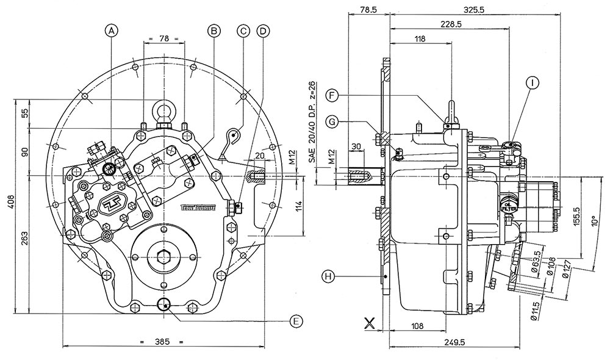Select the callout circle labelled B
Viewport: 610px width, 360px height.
(213, 29)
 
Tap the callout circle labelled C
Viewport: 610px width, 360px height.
(243, 29)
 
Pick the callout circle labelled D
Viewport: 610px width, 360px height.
(264, 29)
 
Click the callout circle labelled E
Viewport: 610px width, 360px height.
(295, 320)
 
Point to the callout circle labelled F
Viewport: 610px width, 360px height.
(332, 95)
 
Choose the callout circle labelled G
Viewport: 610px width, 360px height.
(332, 122)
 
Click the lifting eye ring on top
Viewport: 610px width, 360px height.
(164, 110)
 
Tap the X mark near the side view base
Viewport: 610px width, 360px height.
(369, 323)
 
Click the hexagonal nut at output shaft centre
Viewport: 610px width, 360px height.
(163, 257)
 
